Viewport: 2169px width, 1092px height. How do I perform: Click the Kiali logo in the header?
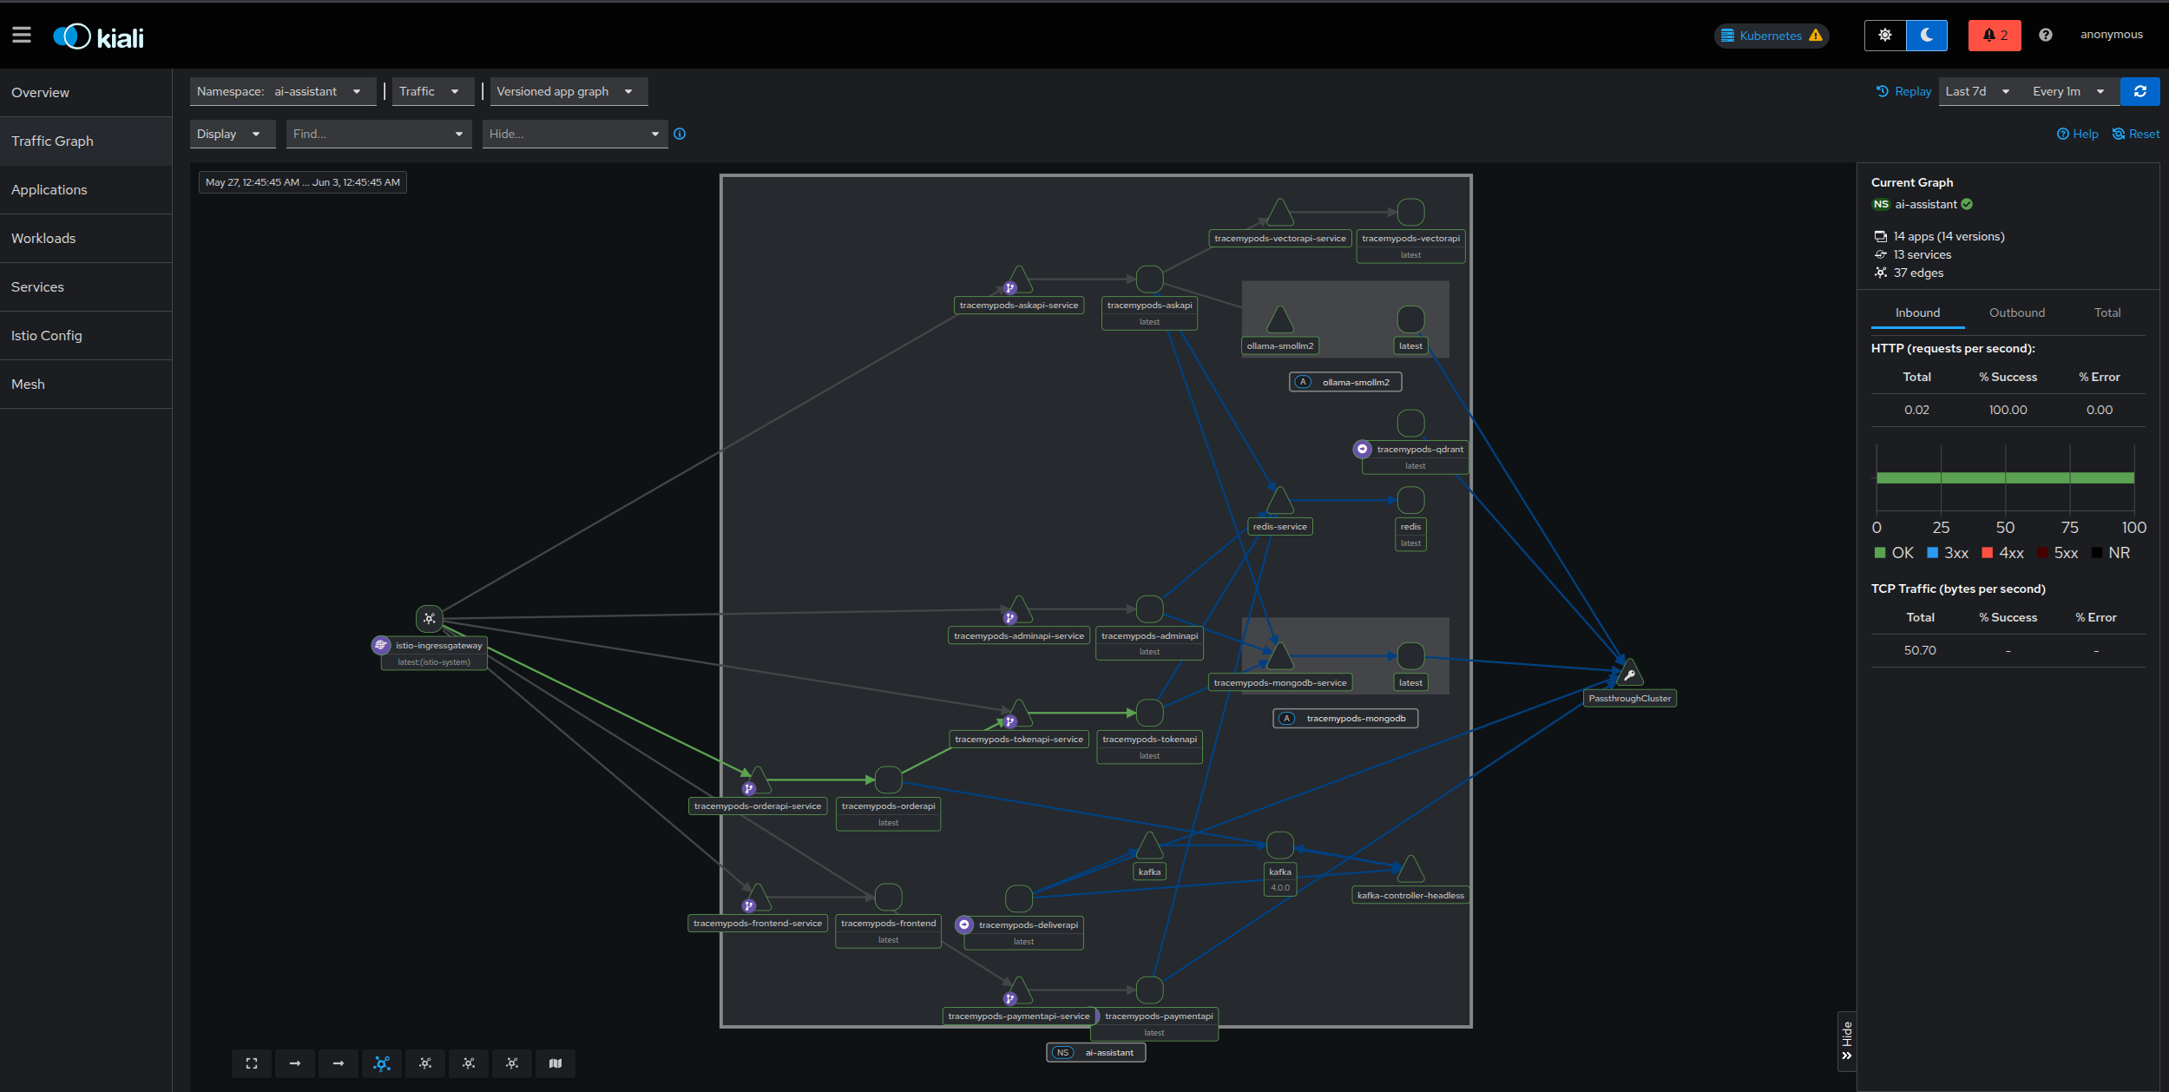[x=98, y=36]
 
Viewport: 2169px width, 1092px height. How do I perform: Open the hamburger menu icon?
[x=22, y=36]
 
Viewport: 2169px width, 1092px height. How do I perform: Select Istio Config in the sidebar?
[x=47, y=335]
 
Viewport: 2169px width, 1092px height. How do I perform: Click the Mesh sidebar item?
[x=28, y=384]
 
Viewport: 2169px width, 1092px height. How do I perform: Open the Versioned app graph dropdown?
[x=568, y=91]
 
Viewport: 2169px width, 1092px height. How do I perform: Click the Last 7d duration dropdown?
[x=1976, y=91]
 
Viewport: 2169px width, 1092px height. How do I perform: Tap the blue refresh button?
[x=2139, y=91]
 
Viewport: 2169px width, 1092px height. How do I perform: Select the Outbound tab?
[x=2016, y=312]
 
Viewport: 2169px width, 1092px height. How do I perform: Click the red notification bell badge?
[x=1994, y=36]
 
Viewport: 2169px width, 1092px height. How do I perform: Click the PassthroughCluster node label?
[x=1629, y=698]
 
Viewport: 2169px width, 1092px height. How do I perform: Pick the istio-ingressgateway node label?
[x=438, y=645]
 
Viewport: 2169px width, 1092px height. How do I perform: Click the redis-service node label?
[x=1279, y=526]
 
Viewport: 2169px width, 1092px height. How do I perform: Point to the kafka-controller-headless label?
[x=1410, y=895]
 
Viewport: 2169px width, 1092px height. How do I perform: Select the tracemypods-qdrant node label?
[x=1419, y=449]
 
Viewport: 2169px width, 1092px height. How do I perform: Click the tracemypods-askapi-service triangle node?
[x=1019, y=280]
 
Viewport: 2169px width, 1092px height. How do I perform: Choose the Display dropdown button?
[x=230, y=134]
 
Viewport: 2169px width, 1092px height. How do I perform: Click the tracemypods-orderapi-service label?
[x=757, y=806]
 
